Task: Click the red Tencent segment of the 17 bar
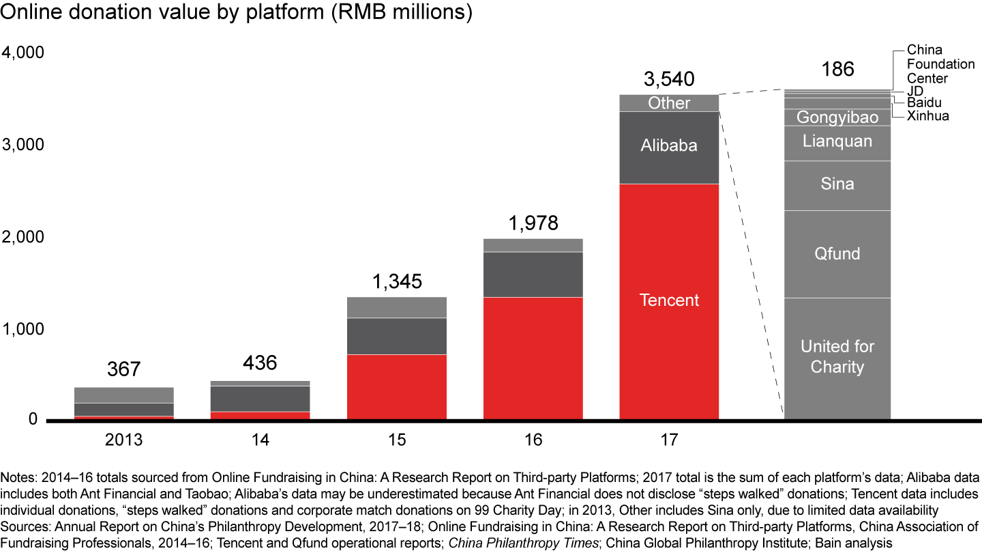[x=669, y=300]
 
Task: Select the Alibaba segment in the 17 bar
[x=669, y=145]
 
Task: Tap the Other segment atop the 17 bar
[x=669, y=103]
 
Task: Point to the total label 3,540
[x=669, y=79]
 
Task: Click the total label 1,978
[x=533, y=223]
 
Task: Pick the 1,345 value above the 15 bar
[x=397, y=281]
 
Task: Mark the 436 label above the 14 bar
[x=260, y=363]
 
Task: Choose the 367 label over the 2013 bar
[x=123, y=369]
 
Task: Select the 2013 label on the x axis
[x=123, y=439]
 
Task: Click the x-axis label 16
[x=533, y=439]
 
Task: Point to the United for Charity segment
[x=837, y=356]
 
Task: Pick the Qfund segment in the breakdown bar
[x=837, y=254]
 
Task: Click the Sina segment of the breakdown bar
[x=837, y=184]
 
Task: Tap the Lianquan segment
[x=837, y=141]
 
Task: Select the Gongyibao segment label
[x=837, y=117]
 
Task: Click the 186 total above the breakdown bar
[x=837, y=69]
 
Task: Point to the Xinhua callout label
[x=927, y=116]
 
